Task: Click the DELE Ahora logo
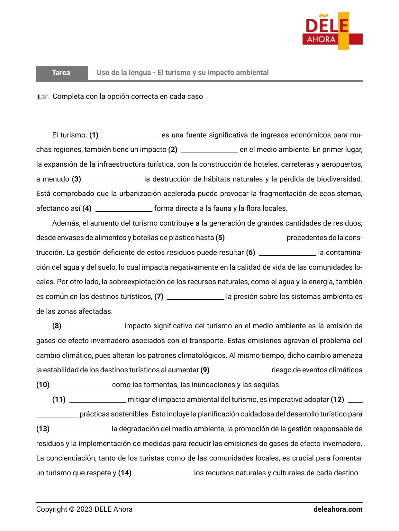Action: (x=332, y=31)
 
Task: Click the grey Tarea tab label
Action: (x=61, y=73)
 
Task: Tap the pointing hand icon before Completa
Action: (x=42, y=97)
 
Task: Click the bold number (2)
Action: (x=173, y=150)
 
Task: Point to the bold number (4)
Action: (x=87, y=209)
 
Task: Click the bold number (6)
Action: (x=250, y=253)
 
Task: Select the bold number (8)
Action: (x=57, y=326)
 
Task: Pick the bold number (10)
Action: (x=43, y=385)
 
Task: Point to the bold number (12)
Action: (x=337, y=400)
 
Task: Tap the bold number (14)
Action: (x=125, y=473)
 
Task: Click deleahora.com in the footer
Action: (x=338, y=509)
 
